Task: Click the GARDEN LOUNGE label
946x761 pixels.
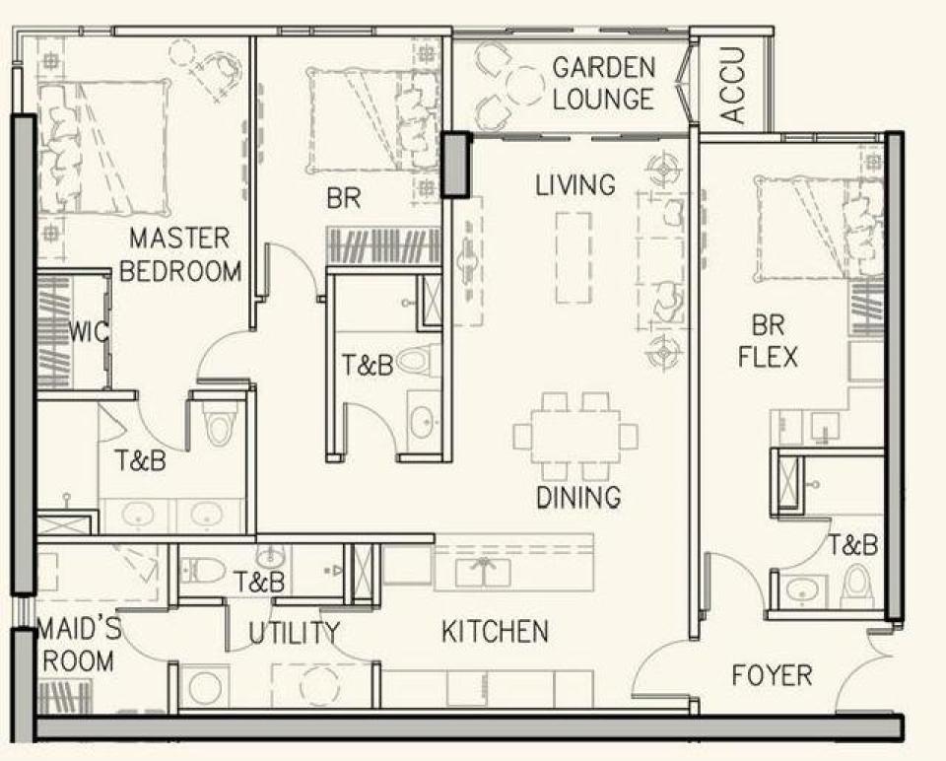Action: click(603, 83)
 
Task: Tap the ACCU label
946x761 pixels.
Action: click(733, 86)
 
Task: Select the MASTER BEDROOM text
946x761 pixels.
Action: click(180, 254)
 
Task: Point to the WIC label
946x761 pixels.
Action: click(90, 331)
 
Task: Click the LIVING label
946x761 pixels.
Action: click(575, 184)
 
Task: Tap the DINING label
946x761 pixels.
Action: click(578, 496)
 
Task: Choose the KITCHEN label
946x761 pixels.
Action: click(496, 631)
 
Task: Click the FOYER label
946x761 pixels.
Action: click(772, 674)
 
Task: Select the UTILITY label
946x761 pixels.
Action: click(295, 633)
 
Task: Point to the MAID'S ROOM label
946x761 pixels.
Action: click(79, 645)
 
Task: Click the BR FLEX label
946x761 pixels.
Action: click(768, 341)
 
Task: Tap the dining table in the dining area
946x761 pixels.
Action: click(575, 437)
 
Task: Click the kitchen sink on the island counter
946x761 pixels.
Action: click(483, 572)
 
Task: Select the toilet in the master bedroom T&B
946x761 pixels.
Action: click(216, 423)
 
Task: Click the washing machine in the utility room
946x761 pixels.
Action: click(205, 687)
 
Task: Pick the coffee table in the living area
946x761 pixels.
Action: click(574, 257)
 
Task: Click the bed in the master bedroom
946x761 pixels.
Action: click(103, 148)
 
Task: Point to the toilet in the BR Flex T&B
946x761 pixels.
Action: click(856, 586)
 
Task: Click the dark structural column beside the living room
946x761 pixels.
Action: click(456, 165)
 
